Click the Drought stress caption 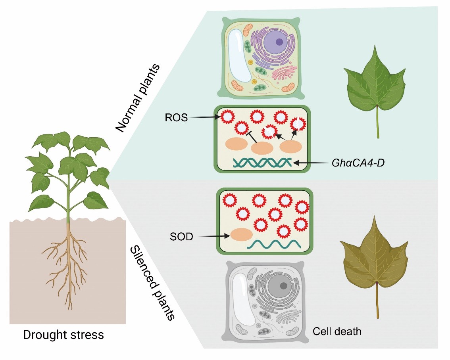[x=63, y=335]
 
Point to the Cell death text [x=337, y=331]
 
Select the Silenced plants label [x=153, y=282]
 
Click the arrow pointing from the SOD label [x=214, y=237]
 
